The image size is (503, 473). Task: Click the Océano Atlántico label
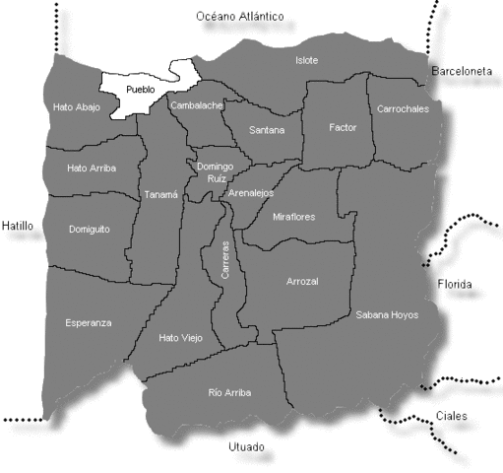(239, 17)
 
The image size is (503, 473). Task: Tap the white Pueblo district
(142, 90)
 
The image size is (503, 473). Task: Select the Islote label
(307, 60)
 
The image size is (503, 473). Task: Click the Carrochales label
(403, 109)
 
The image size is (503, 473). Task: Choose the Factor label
(343, 127)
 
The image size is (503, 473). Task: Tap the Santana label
(267, 129)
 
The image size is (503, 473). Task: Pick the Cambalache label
(197, 104)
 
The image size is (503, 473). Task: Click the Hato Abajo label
(77, 106)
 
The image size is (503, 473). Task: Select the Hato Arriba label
(92, 169)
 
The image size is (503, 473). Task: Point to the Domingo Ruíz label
(215, 172)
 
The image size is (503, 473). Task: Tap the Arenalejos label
(250, 194)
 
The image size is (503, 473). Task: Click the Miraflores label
(293, 216)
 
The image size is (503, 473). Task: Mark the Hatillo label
(18, 226)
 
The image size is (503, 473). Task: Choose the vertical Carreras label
(225, 259)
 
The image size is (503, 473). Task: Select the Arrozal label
(302, 282)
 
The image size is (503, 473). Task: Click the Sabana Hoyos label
(387, 315)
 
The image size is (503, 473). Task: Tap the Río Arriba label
(229, 392)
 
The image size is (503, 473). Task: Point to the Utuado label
(246, 446)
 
